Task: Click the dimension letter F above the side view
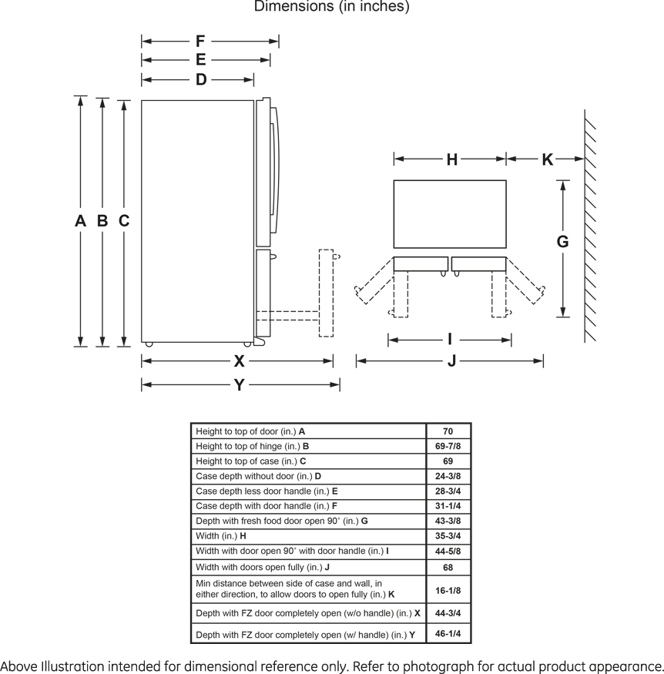pyautogui.click(x=200, y=42)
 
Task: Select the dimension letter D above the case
pyautogui.click(x=201, y=79)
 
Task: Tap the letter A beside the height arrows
pyautogui.click(x=80, y=220)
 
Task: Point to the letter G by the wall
pyautogui.click(x=562, y=242)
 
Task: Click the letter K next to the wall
pyautogui.click(x=547, y=159)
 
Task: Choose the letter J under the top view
pyautogui.click(x=451, y=360)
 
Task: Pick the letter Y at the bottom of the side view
pyautogui.click(x=240, y=384)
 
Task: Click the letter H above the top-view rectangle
pyautogui.click(x=451, y=159)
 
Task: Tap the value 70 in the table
pyautogui.click(x=448, y=431)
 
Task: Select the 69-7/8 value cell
pyautogui.click(x=448, y=446)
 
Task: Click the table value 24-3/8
pyautogui.click(x=448, y=476)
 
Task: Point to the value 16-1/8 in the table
pyautogui.click(x=448, y=590)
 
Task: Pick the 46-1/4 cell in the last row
pyautogui.click(x=448, y=634)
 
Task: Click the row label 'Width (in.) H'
pyautogui.click(x=221, y=536)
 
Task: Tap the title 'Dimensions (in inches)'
pyautogui.click(x=332, y=6)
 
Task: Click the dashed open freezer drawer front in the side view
pyautogui.click(x=326, y=293)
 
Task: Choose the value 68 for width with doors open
pyautogui.click(x=448, y=568)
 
